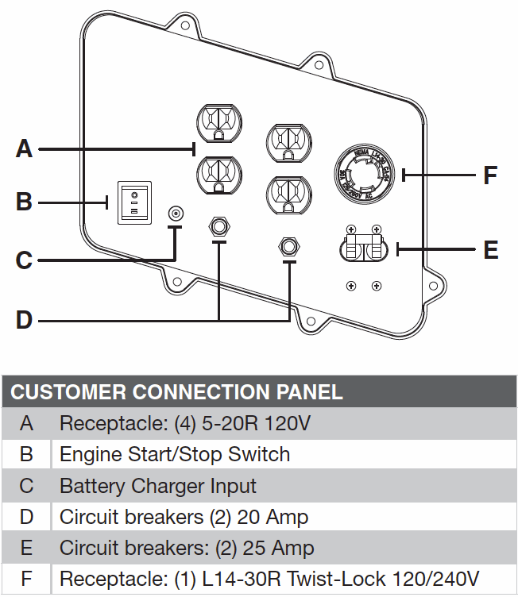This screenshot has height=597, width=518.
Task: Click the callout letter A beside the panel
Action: (25, 148)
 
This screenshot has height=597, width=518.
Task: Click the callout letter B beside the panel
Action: (25, 202)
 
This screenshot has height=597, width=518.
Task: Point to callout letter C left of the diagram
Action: (25, 260)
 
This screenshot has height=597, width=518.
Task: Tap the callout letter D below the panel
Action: (25, 320)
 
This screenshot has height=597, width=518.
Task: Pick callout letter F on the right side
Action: (491, 175)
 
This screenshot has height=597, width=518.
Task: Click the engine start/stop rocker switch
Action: (134, 202)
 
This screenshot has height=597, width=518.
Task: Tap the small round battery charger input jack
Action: (176, 214)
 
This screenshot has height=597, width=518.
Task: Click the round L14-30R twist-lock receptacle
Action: (362, 175)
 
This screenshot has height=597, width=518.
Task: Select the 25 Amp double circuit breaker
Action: (362, 248)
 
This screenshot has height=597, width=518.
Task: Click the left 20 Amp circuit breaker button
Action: (218, 227)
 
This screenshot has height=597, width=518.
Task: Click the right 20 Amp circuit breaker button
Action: (288, 247)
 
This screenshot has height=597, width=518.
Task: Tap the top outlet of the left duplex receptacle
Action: (218, 123)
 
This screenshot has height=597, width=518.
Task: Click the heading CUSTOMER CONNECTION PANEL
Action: (176, 391)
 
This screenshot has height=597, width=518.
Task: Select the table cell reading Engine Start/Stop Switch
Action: (175, 454)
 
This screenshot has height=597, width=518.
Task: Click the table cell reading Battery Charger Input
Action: (158, 485)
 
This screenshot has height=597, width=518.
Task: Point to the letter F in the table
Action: (26, 578)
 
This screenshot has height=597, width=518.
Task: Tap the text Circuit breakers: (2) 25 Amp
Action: (187, 548)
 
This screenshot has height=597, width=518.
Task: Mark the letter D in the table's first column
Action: (26, 517)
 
